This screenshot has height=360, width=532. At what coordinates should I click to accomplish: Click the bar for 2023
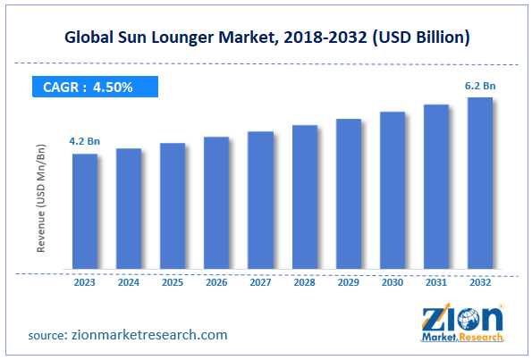click(x=85, y=212)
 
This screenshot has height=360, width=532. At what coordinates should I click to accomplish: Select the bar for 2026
click(x=216, y=203)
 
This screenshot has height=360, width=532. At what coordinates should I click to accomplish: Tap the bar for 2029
click(x=349, y=194)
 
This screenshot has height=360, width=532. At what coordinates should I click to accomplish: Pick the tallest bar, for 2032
click(x=480, y=183)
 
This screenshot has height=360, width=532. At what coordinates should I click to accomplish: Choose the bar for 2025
click(x=173, y=206)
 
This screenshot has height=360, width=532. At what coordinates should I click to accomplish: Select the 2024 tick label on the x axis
click(x=129, y=283)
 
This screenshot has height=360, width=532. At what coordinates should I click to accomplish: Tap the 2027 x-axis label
click(x=260, y=283)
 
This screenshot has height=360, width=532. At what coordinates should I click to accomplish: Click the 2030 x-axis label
click(x=393, y=283)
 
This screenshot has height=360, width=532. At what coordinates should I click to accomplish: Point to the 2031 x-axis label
click(x=436, y=283)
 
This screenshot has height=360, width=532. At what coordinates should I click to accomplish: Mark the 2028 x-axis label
click(x=304, y=283)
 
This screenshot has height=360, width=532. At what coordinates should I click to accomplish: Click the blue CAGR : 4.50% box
click(x=93, y=87)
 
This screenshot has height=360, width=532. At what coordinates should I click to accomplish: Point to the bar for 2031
click(x=436, y=187)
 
